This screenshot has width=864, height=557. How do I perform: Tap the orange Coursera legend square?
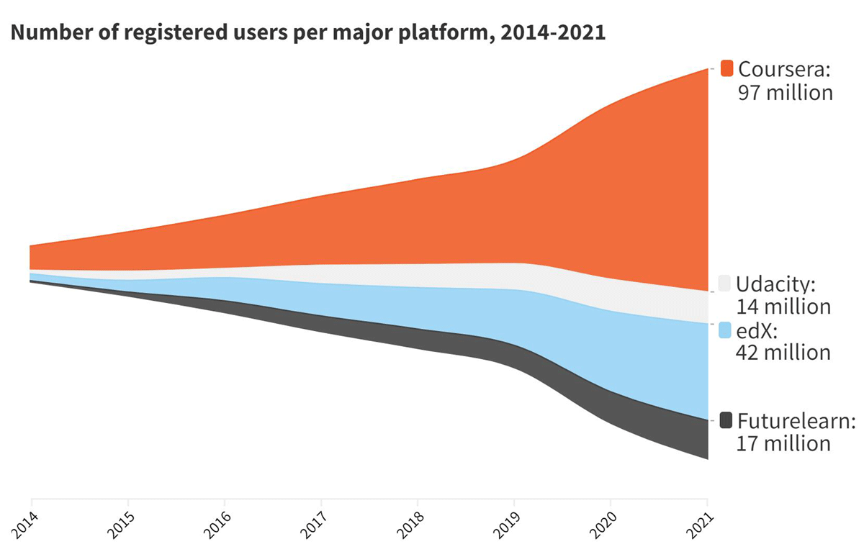coord(726,68)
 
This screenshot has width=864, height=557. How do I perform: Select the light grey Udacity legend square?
coord(725,283)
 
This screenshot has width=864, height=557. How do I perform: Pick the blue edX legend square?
coord(725,330)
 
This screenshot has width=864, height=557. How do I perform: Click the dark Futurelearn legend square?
coord(725,420)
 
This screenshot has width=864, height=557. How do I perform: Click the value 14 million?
coord(783,307)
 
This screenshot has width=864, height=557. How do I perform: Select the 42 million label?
coord(783,353)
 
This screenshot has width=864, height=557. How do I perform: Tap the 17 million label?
coord(783,443)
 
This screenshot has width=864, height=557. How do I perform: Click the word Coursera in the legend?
coord(785,69)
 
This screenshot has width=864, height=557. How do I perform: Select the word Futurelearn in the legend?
coord(796,420)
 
